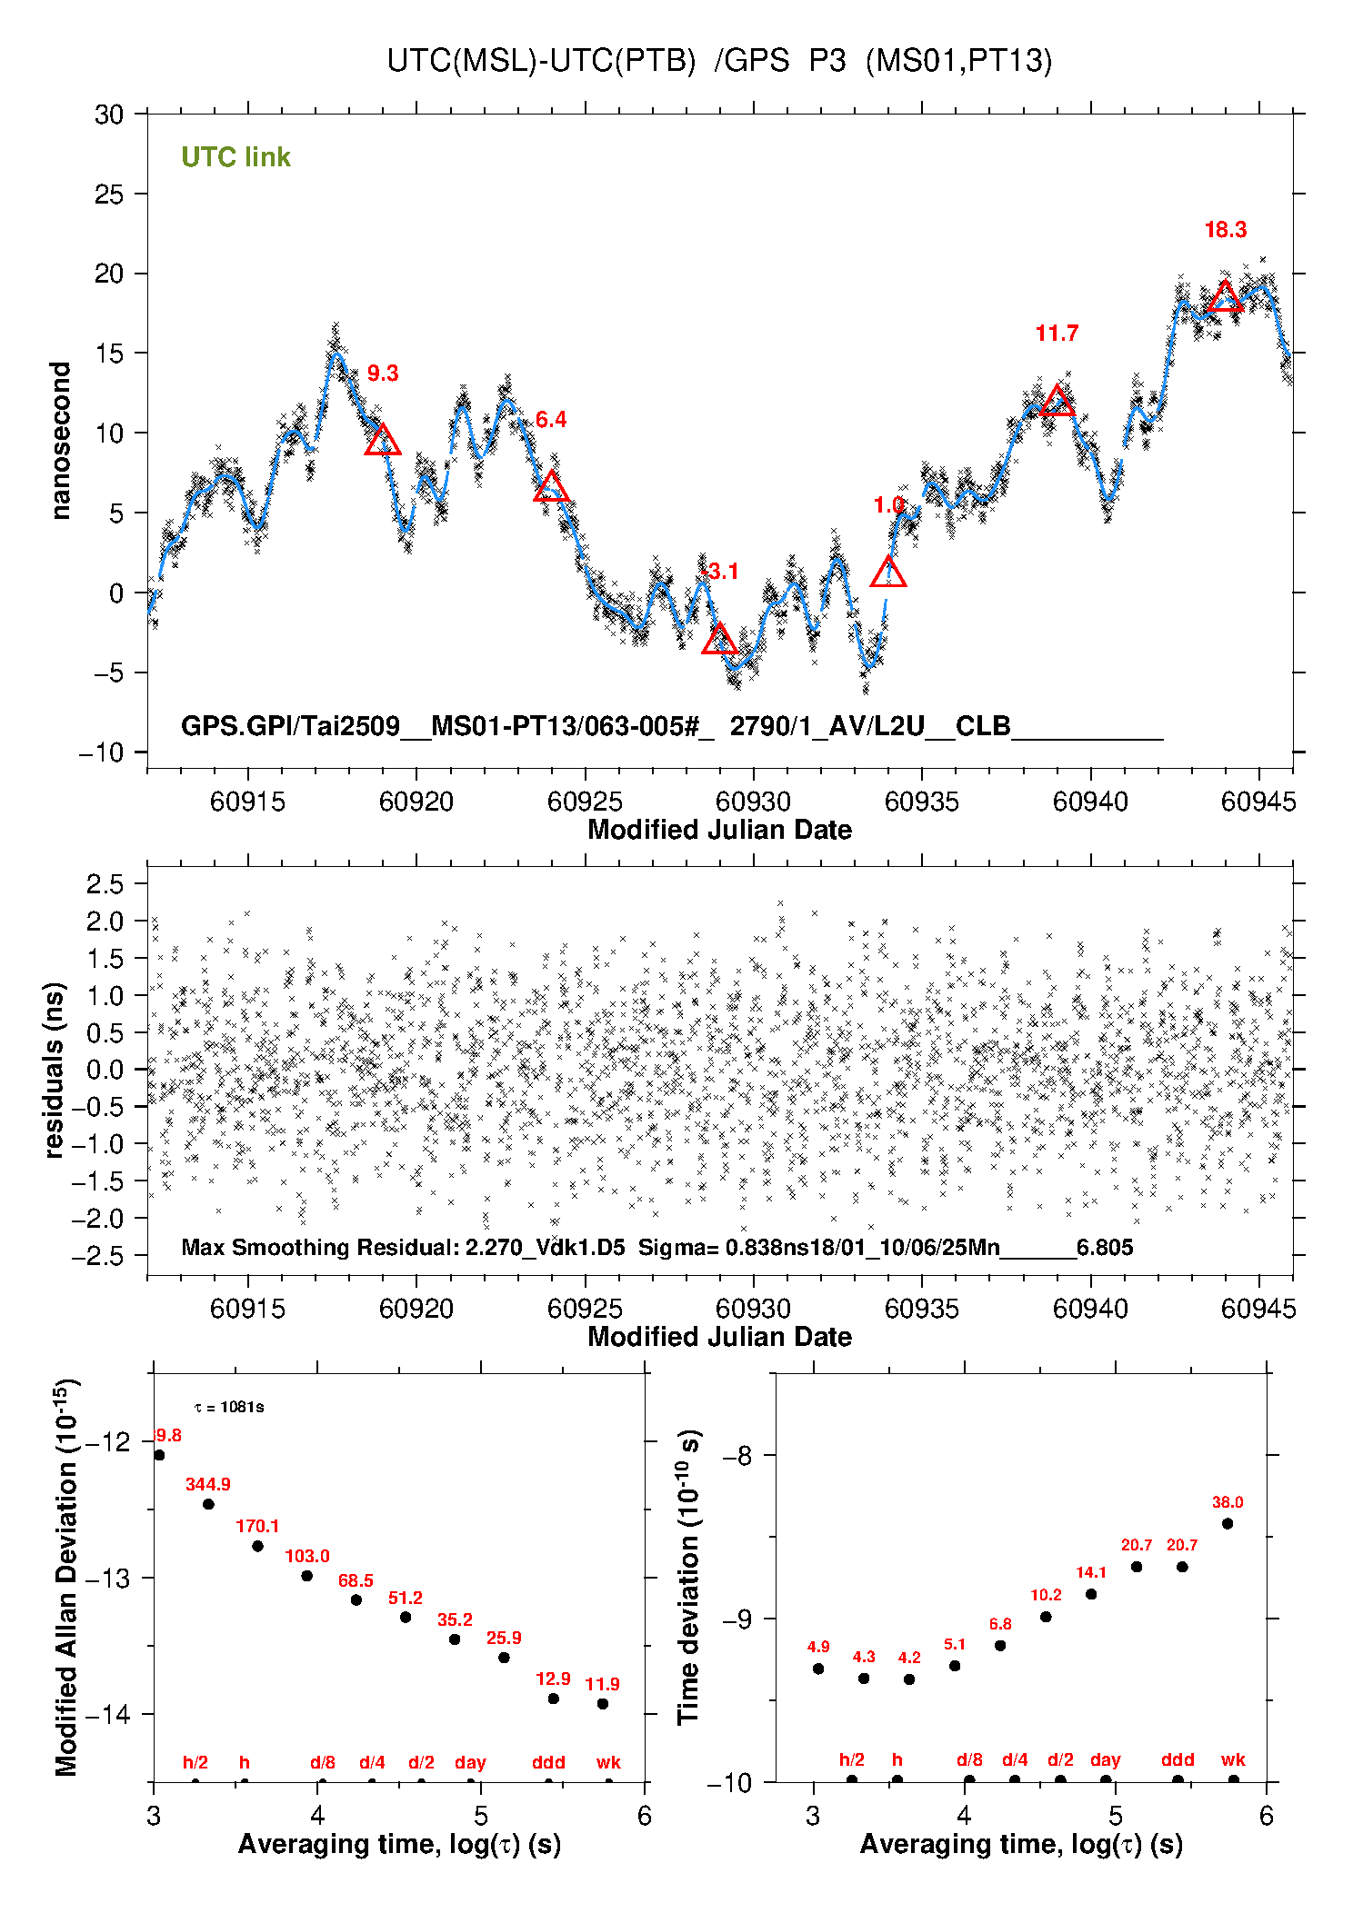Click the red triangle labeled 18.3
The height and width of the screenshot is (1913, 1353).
[1225, 298]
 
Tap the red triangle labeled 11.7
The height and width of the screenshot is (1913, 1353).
[1057, 402]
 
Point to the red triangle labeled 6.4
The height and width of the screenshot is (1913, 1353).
[552, 488]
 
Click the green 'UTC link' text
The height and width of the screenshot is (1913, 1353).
[236, 157]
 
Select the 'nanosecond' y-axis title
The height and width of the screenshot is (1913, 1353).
[61, 441]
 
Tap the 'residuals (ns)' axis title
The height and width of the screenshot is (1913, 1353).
[55, 1070]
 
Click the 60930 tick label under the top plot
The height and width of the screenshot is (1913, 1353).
[753, 802]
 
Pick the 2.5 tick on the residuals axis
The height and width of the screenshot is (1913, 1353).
[105, 883]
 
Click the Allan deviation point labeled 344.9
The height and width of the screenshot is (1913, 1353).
[208, 1504]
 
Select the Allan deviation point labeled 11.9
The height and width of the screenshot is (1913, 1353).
[603, 1704]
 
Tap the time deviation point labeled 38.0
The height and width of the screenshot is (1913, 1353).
[1228, 1523]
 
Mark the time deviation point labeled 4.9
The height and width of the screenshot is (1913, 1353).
[818, 1669]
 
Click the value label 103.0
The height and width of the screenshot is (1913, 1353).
[307, 1556]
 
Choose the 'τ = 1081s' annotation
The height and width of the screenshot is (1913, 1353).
[229, 1408]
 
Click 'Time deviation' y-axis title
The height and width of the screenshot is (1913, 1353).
[688, 1577]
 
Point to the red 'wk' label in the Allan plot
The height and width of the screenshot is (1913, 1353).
[608, 1762]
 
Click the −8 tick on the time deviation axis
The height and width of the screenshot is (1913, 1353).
[737, 1456]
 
